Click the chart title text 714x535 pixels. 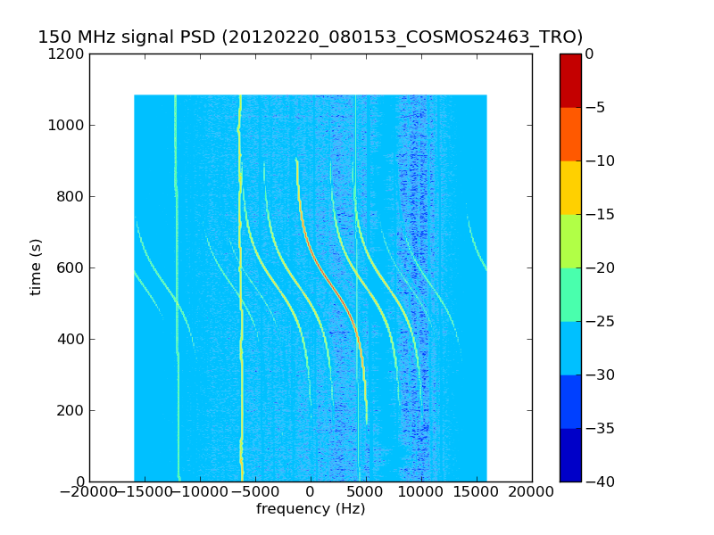click(310, 37)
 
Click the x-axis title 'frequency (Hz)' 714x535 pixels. click(311, 509)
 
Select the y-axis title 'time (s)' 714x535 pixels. click(37, 267)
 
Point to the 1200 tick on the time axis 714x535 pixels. click(70, 54)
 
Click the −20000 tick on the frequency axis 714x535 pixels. click(89, 491)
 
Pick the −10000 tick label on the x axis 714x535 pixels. click(200, 491)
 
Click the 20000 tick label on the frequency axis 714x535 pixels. click(532, 491)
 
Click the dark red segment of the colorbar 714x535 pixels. click(570, 80)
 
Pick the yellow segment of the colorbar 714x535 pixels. click(570, 187)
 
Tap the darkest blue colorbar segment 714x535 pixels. click(570, 455)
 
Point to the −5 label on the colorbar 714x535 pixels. click(596, 108)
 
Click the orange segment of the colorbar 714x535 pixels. click(570, 134)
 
